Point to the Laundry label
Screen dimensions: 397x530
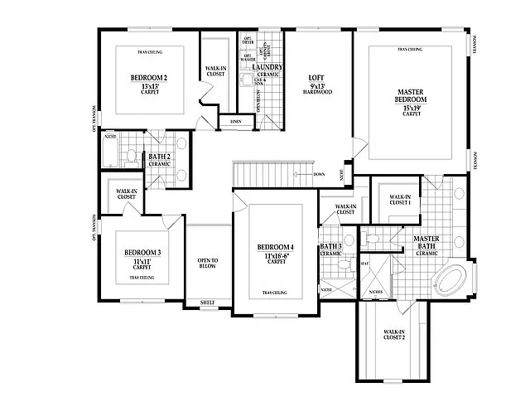269,68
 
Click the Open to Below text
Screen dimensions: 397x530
208,264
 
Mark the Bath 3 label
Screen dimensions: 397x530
330,249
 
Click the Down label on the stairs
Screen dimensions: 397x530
319,175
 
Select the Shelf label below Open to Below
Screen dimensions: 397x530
208,303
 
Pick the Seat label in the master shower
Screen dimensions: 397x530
364,264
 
